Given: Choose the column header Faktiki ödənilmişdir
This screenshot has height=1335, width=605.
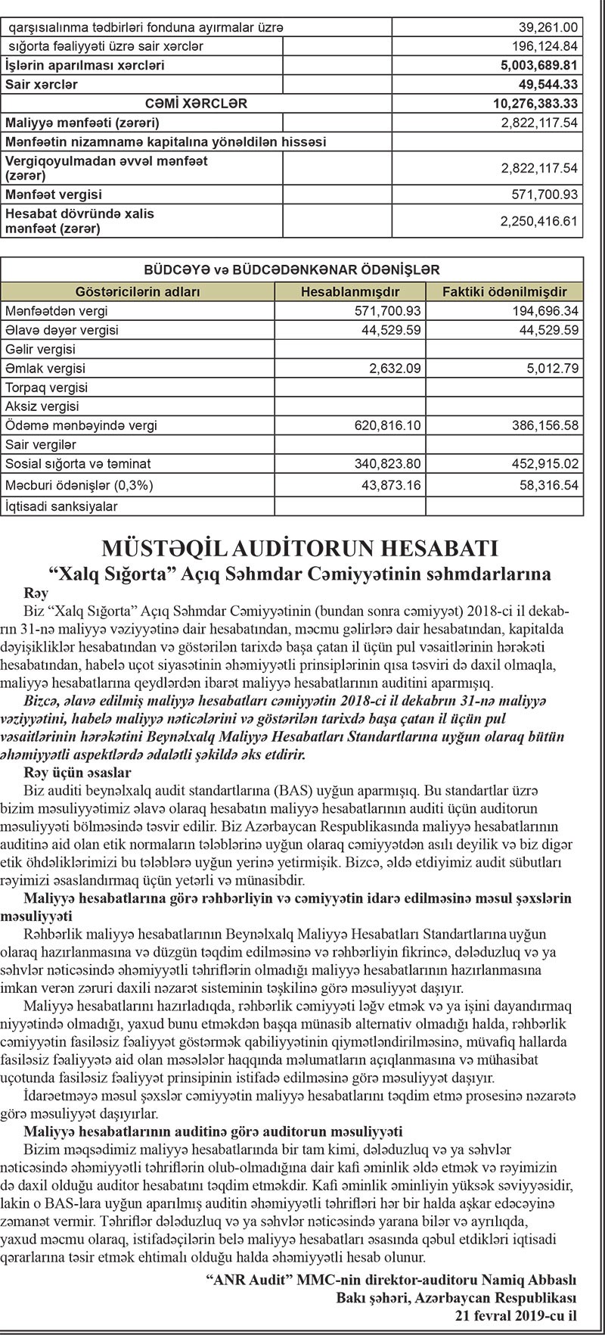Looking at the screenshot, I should [504, 291].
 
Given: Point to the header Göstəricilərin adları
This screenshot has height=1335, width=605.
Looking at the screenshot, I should [138, 291].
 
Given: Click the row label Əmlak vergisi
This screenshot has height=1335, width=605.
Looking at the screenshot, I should [45, 369].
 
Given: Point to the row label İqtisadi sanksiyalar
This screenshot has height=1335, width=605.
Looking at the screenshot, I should [61, 505].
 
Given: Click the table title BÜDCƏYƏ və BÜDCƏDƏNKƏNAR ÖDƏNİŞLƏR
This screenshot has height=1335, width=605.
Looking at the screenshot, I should [292, 269].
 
